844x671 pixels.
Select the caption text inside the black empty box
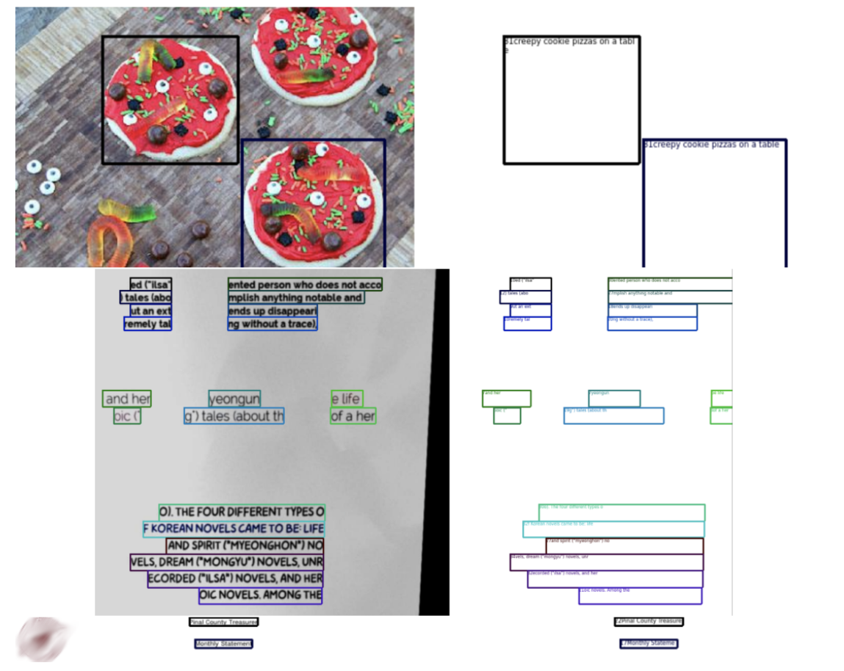(x=569, y=42)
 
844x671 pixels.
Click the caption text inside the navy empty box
(x=712, y=145)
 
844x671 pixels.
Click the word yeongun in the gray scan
(x=234, y=399)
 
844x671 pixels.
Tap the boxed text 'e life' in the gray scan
(x=347, y=399)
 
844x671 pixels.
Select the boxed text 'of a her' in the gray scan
(x=353, y=416)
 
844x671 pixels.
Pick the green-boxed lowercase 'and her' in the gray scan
(x=127, y=399)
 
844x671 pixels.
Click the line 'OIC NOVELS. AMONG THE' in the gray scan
(x=261, y=595)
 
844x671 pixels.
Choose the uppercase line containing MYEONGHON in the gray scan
(x=245, y=545)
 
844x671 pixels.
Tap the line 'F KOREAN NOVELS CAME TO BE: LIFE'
(x=234, y=529)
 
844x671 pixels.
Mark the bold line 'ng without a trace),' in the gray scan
(x=273, y=323)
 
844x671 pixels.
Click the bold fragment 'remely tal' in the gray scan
(x=148, y=323)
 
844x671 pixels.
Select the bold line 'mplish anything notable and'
(x=295, y=297)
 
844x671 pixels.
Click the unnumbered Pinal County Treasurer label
(x=223, y=622)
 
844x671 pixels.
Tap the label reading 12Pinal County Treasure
(x=649, y=621)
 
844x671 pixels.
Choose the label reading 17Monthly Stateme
(x=649, y=643)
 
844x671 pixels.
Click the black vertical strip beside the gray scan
(x=440, y=440)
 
